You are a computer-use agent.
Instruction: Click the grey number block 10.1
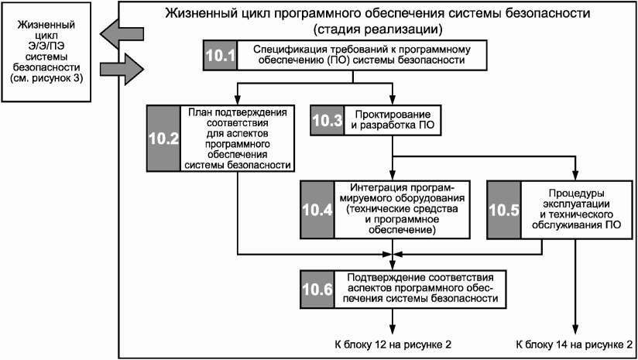(x=220, y=55)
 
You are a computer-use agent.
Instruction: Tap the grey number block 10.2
(x=163, y=139)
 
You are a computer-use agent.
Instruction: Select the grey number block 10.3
(x=328, y=121)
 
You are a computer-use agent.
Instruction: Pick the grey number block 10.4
(x=317, y=210)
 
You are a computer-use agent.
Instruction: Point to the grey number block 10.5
(x=504, y=210)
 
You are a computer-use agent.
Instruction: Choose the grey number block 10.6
(x=317, y=290)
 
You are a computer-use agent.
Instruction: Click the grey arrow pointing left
(x=122, y=35)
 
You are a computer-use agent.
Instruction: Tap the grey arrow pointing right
(x=122, y=69)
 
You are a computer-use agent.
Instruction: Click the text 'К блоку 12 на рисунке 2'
(x=393, y=345)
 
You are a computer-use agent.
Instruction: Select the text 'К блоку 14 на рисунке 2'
(x=574, y=345)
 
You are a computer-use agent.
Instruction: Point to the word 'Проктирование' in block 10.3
(x=393, y=115)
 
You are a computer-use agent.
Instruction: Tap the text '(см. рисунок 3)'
(x=46, y=78)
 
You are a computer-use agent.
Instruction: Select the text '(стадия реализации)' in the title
(x=378, y=29)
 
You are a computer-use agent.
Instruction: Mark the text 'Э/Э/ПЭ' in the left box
(x=46, y=46)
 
